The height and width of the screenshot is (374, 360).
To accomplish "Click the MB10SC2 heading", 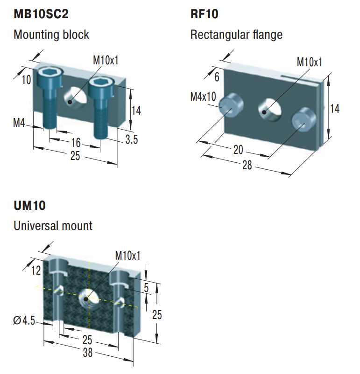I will pyautogui.click(x=41, y=14).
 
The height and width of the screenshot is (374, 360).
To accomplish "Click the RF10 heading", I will pyautogui.click(x=204, y=14).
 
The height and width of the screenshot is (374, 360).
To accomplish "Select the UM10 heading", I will pyautogui.click(x=29, y=205).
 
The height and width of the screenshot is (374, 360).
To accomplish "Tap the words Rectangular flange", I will pyautogui.click(x=236, y=35).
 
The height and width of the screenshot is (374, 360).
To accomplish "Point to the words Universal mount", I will pyautogui.click(x=53, y=226).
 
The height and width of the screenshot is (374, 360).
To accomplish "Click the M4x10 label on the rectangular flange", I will pyautogui.click(x=203, y=97).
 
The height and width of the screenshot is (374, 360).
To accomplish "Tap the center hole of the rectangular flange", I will pyautogui.click(x=269, y=107).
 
